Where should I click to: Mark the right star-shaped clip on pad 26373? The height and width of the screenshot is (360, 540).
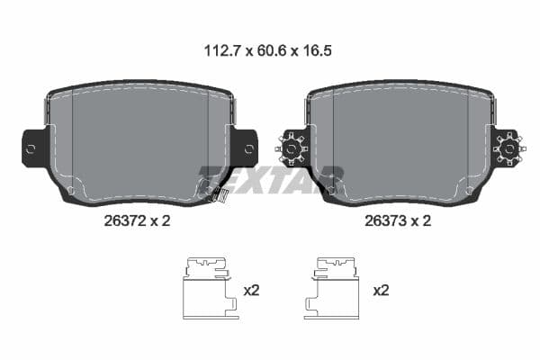pos(509,148)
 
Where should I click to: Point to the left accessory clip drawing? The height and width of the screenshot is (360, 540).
pos(210,288)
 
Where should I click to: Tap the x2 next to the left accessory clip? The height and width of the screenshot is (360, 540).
pos(252,291)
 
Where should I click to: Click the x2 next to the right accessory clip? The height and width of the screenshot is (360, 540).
pos(381,291)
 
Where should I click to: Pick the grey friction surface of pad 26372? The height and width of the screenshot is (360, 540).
pos(135,135)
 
